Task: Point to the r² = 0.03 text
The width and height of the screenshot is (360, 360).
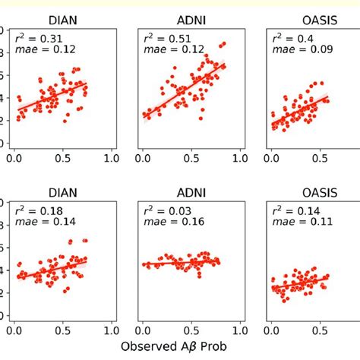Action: (x=164, y=210)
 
